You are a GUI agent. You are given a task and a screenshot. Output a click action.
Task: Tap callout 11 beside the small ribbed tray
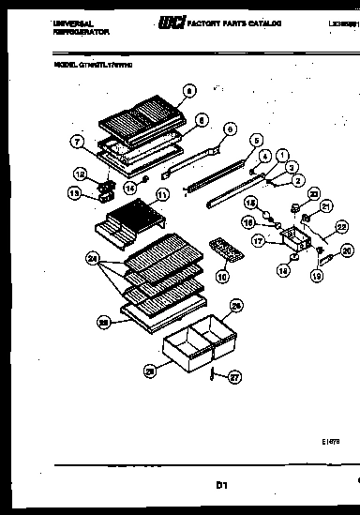161,195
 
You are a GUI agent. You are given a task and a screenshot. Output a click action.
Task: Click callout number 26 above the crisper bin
237,305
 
